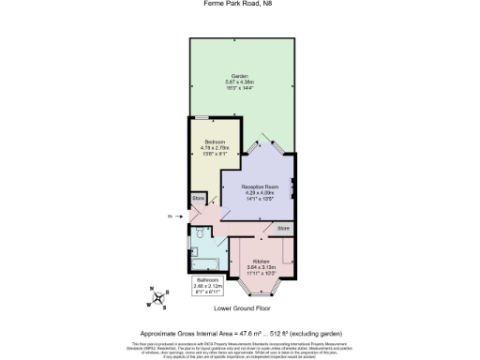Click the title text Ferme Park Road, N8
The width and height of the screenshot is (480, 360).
239,4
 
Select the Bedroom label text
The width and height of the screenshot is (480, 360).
215,142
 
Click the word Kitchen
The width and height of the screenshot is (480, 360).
262,260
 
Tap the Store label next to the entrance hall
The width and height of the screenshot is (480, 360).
199,199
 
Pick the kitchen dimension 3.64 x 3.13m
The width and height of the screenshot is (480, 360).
262,266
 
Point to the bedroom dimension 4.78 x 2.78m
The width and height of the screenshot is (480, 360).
215,148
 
